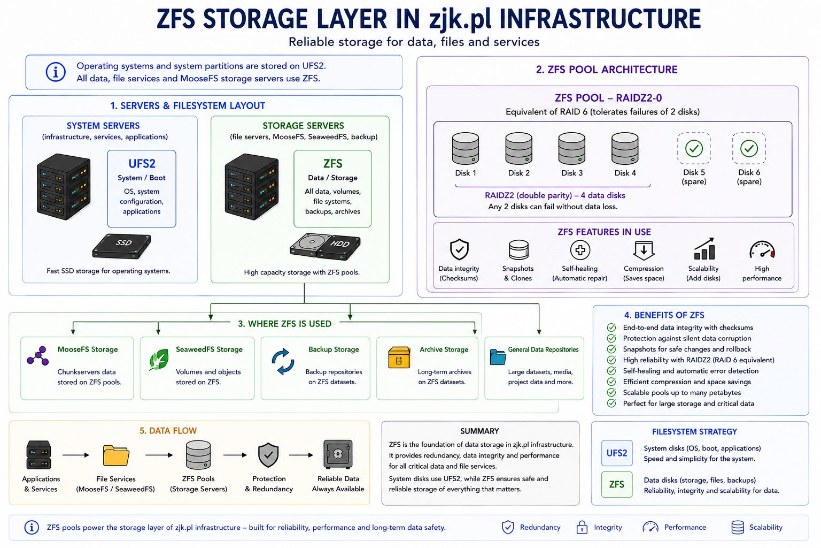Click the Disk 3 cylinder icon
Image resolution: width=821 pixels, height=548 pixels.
tap(572, 148)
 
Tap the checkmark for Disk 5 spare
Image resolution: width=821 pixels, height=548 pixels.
tap(694, 148)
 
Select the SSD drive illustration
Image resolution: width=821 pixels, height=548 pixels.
tap(122, 246)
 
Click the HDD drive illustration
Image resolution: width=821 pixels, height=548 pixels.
tap(325, 247)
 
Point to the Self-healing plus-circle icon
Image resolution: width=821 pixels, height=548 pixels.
tap(580, 250)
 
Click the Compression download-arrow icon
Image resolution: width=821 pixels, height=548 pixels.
tap(644, 250)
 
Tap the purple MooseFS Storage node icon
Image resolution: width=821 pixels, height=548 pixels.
tap(38, 356)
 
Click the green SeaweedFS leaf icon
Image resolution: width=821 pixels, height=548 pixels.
tap(159, 359)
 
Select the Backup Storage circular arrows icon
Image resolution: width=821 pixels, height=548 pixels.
tap(283, 362)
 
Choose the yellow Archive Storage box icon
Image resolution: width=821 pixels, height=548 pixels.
tap(399, 357)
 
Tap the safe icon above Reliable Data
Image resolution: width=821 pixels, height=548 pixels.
tap(338, 454)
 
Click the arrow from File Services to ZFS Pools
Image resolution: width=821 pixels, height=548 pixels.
tap(159, 455)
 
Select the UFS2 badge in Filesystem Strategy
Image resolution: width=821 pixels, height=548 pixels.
tap(617, 453)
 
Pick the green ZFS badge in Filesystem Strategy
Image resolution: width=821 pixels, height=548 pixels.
tap(617, 484)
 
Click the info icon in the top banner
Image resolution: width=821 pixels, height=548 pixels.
tap(56, 72)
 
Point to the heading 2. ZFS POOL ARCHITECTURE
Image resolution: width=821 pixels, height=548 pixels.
tap(607, 70)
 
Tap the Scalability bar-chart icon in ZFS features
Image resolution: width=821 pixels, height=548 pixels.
tap(704, 249)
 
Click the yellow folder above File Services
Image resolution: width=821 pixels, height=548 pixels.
tap(116, 455)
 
